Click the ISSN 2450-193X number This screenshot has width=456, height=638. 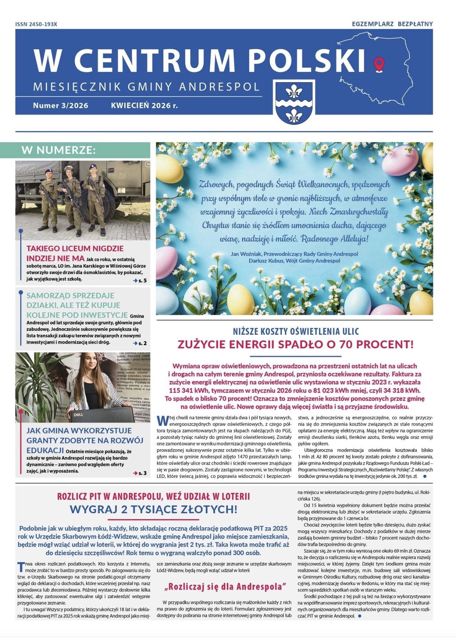(x=36, y=24)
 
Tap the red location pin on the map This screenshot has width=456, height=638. (x=379, y=64)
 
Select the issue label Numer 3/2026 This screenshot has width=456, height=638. (x=60, y=105)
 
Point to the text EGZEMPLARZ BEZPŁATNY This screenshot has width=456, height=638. (x=392, y=24)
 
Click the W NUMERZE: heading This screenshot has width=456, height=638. (x=58, y=150)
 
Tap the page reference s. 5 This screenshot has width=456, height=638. (x=140, y=280)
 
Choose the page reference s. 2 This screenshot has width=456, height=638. (x=140, y=343)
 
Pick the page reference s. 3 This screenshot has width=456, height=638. (x=140, y=473)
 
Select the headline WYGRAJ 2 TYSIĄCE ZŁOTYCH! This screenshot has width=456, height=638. (x=153, y=509)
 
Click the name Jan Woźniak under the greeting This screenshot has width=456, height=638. (x=246, y=254)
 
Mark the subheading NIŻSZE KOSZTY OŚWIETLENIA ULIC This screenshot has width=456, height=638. (x=295, y=331)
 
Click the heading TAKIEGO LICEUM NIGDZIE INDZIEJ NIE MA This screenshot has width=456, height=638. (x=75, y=253)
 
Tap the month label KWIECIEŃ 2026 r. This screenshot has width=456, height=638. (x=144, y=105)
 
